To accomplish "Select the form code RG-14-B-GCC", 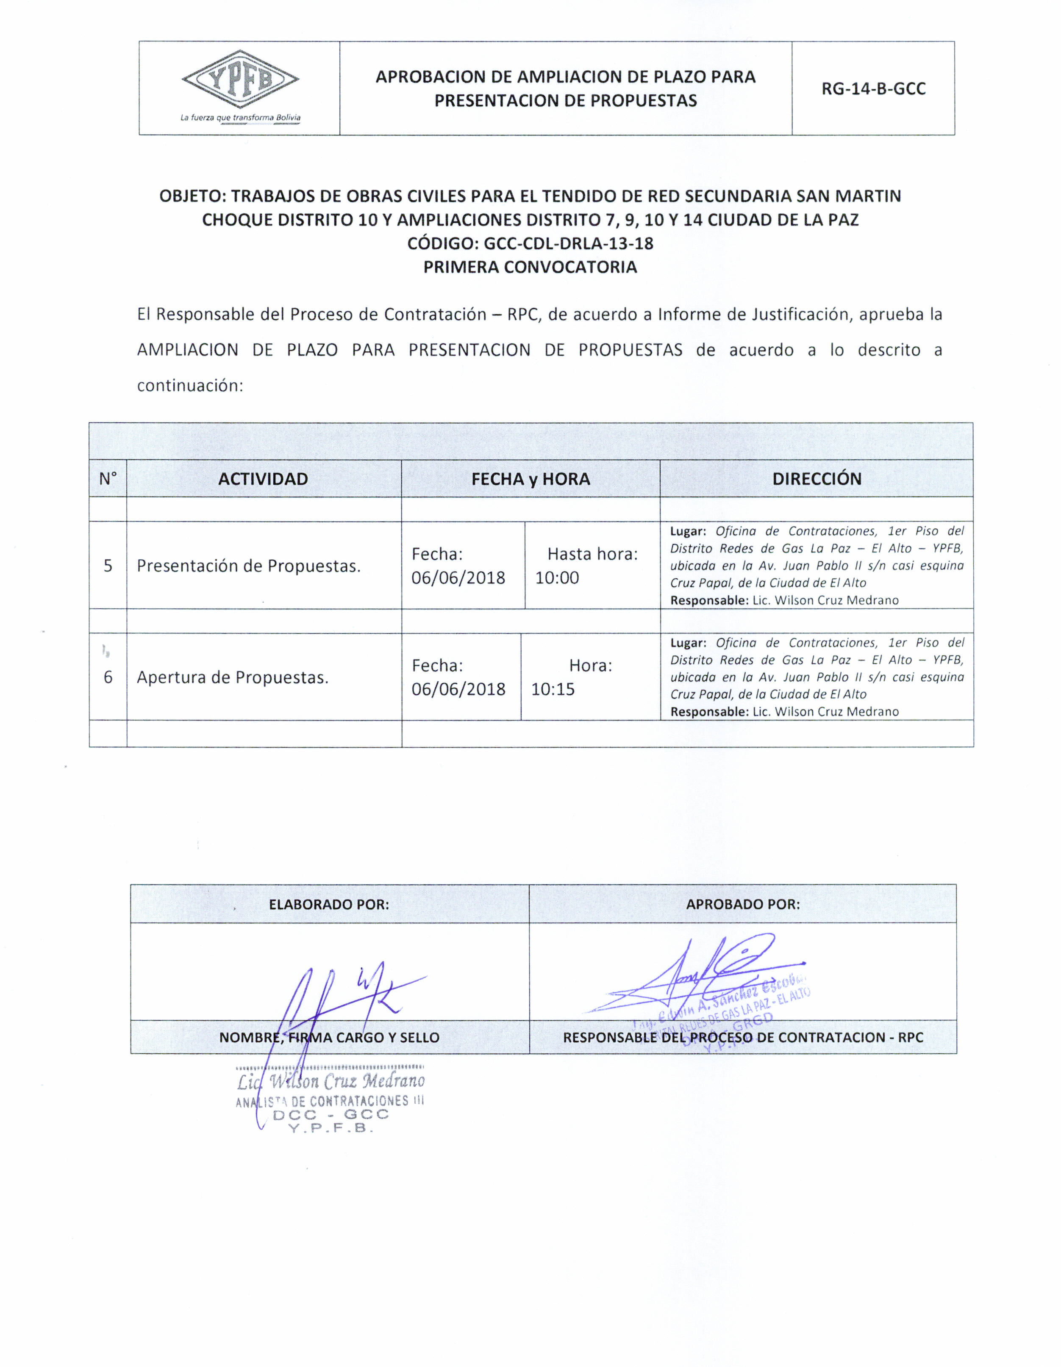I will (873, 89).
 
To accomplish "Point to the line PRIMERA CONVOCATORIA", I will (530, 267).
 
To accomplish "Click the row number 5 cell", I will (108, 566).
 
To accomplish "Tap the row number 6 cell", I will (108, 677).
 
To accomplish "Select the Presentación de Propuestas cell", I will (249, 566).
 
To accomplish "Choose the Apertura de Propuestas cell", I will (232, 677).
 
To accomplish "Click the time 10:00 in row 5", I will (557, 578).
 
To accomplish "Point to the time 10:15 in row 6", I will (553, 689).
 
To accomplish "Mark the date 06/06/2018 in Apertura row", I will (458, 689).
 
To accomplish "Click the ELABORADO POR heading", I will (329, 904).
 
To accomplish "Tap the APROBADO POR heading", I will (743, 904).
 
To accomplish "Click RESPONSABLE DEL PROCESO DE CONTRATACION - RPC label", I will (743, 1037).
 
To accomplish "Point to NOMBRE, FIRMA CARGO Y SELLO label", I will (329, 1037).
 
